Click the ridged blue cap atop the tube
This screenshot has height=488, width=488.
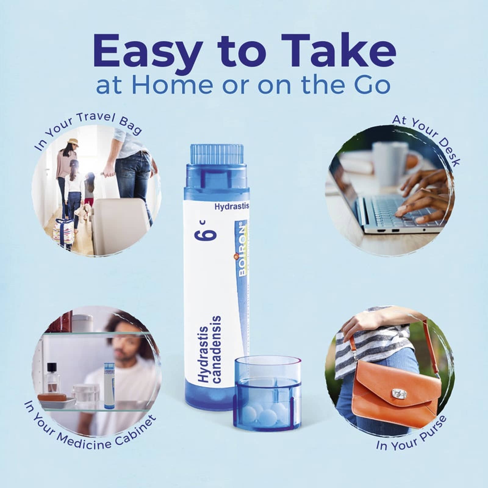(217, 156)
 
